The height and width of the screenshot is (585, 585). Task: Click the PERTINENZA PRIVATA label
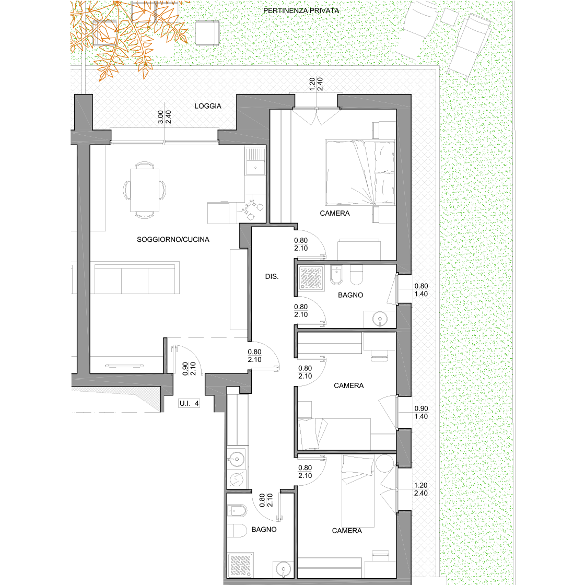(301, 11)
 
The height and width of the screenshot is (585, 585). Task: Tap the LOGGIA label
(208, 106)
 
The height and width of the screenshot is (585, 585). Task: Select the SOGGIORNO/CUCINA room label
(173, 240)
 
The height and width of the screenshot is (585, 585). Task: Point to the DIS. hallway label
(272, 276)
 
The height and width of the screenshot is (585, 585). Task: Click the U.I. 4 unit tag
(189, 403)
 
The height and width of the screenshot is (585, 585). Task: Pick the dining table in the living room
(144, 190)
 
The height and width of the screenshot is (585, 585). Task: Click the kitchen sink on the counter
(255, 161)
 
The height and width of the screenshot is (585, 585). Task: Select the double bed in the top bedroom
(360, 172)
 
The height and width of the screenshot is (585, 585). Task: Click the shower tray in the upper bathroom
(311, 278)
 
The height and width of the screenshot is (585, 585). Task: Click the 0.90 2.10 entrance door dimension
(189, 369)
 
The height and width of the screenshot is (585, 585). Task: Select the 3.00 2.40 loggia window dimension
(164, 117)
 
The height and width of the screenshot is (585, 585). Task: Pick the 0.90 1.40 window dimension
(421, 413)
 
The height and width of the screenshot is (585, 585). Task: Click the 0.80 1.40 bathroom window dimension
(421, 290)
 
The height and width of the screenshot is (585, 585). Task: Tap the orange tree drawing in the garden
(127, 37)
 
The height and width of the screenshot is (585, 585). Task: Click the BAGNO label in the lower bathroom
(264, 530)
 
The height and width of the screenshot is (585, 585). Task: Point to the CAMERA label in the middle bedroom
(349, 385)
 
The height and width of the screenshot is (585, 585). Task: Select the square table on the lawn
(207, 33)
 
